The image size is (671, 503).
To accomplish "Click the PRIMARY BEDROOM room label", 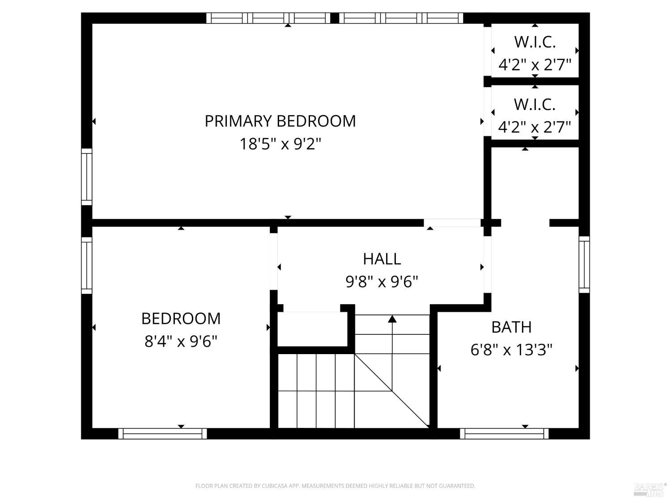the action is click(280, 121).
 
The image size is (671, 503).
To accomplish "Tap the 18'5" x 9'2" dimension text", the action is click(280, 144).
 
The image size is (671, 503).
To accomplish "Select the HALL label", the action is click(382, 259).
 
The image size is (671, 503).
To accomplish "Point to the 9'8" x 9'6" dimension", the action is click(382, 282).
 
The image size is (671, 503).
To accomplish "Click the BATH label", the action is click(511, 327).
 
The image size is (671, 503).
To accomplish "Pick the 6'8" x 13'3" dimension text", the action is click(511, 350).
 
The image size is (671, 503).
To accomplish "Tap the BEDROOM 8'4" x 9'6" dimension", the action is click(181, 341).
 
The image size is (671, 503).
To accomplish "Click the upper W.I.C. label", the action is click(535, 42).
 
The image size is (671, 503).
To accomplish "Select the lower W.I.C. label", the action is click(535, 105).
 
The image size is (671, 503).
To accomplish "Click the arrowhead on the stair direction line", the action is click(392, 319).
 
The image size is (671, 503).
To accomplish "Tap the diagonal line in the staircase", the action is click(392, 391).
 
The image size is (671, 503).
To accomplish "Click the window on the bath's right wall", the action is click(584, 265).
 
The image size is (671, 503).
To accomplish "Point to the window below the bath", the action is click(504, 434).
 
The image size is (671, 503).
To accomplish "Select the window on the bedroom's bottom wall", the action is click(162, 434).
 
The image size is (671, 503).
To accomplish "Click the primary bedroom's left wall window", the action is click(87, 177).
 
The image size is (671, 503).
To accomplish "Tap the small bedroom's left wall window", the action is click(87, 266).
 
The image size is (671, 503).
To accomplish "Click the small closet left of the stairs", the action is click(312, 329).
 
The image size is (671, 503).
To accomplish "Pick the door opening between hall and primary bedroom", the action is click(452, 223).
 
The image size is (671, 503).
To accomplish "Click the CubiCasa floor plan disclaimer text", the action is click(335, 486).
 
